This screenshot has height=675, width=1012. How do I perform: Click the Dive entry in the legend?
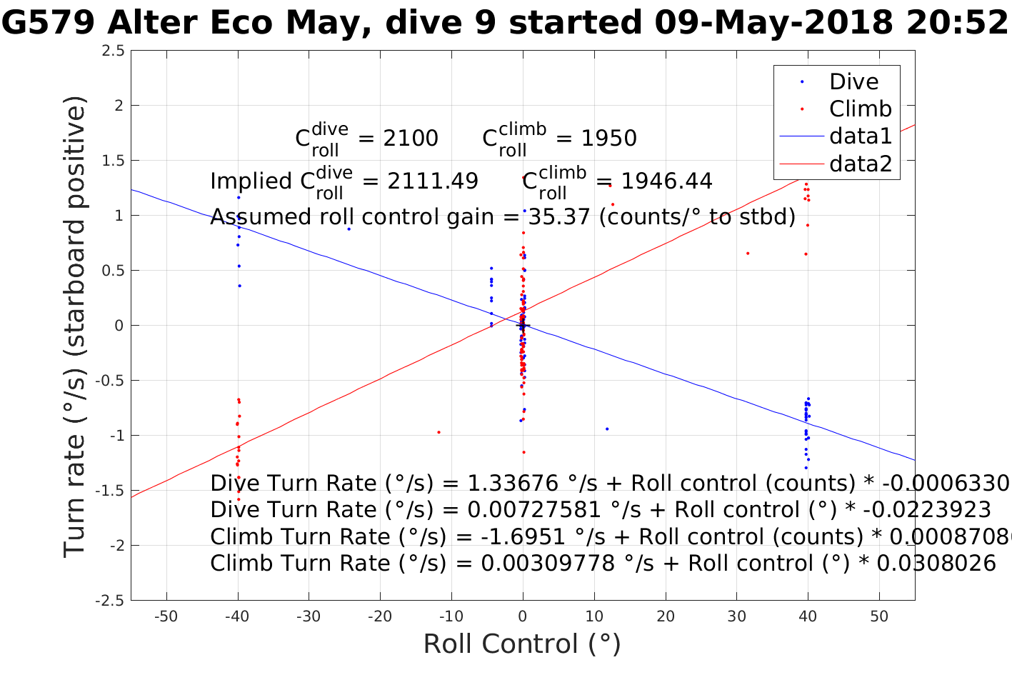click(853, 81)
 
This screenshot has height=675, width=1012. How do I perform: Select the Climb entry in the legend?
click(860, 109)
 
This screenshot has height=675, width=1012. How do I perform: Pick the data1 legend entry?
click(860, 136)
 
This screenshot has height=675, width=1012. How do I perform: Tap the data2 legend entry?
click(860, 164)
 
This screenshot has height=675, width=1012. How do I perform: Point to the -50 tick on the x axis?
click(166, 616)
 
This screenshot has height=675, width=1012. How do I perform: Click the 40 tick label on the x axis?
click(808, 616)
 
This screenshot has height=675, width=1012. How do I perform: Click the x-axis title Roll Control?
click(522, 644)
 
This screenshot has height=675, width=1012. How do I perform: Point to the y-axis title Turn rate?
click(75, 326)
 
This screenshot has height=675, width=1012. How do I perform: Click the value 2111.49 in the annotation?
click(433, 181)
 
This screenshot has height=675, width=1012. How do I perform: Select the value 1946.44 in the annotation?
click(666, 181)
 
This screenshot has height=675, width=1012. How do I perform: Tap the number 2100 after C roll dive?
click(411, 139)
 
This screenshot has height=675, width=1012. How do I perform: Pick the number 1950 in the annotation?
click(608, 139)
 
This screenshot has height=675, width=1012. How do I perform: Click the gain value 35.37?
click(561, 216)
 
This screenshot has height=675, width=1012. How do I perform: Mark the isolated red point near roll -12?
click(439, 432)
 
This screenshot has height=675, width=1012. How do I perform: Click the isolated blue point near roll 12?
click(607, 429)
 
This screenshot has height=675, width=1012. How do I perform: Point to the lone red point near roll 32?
click(748, 253)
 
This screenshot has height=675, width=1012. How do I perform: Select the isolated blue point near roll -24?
click(349, 229)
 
